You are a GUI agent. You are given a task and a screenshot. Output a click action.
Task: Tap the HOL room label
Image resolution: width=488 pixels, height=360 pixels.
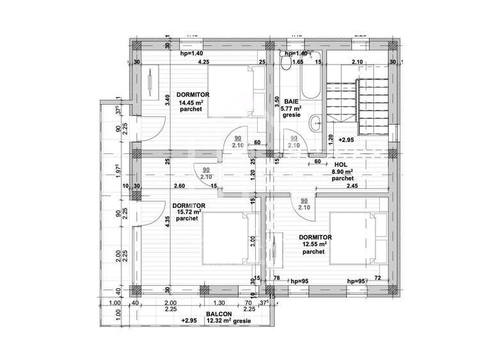(x=340, y=164)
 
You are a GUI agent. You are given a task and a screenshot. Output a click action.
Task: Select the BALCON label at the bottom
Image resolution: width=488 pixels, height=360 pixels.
(x=218, y=315)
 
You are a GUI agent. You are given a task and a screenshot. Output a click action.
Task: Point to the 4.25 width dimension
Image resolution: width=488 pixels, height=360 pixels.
(x=203, y=63)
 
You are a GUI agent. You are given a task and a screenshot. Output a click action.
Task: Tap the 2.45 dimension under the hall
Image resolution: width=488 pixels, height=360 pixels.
(x=352, y=186)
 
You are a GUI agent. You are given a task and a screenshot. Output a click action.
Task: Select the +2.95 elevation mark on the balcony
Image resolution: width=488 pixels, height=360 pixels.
(x=189, y=320)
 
